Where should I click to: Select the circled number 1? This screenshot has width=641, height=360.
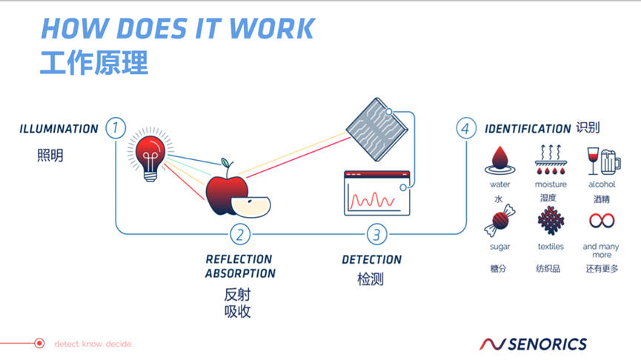[x=116, y=127]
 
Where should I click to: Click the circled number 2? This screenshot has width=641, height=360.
[x=239, y=235]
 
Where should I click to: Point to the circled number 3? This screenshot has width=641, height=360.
[x=376, y=235]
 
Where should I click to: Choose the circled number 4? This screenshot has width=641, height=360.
[x=465, y=128]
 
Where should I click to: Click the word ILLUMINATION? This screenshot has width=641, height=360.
[x=59, y=129]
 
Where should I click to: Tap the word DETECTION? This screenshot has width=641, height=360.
[x=371, y=260]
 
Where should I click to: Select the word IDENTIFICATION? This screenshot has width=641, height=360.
[x=528, y=129]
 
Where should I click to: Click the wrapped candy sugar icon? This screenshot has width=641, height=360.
[x=499, y=221]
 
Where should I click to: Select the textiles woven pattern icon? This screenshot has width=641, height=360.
[x=550, y=221]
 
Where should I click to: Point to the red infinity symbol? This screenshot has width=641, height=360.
[x=602, y=221]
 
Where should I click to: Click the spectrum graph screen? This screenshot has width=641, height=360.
[x=376, y=193]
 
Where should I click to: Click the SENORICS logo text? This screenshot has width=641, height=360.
[x=547, y=344]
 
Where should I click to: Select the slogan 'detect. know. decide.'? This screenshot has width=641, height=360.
[x=93, y=344]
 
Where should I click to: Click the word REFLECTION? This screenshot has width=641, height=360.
[x=239, y=260]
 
